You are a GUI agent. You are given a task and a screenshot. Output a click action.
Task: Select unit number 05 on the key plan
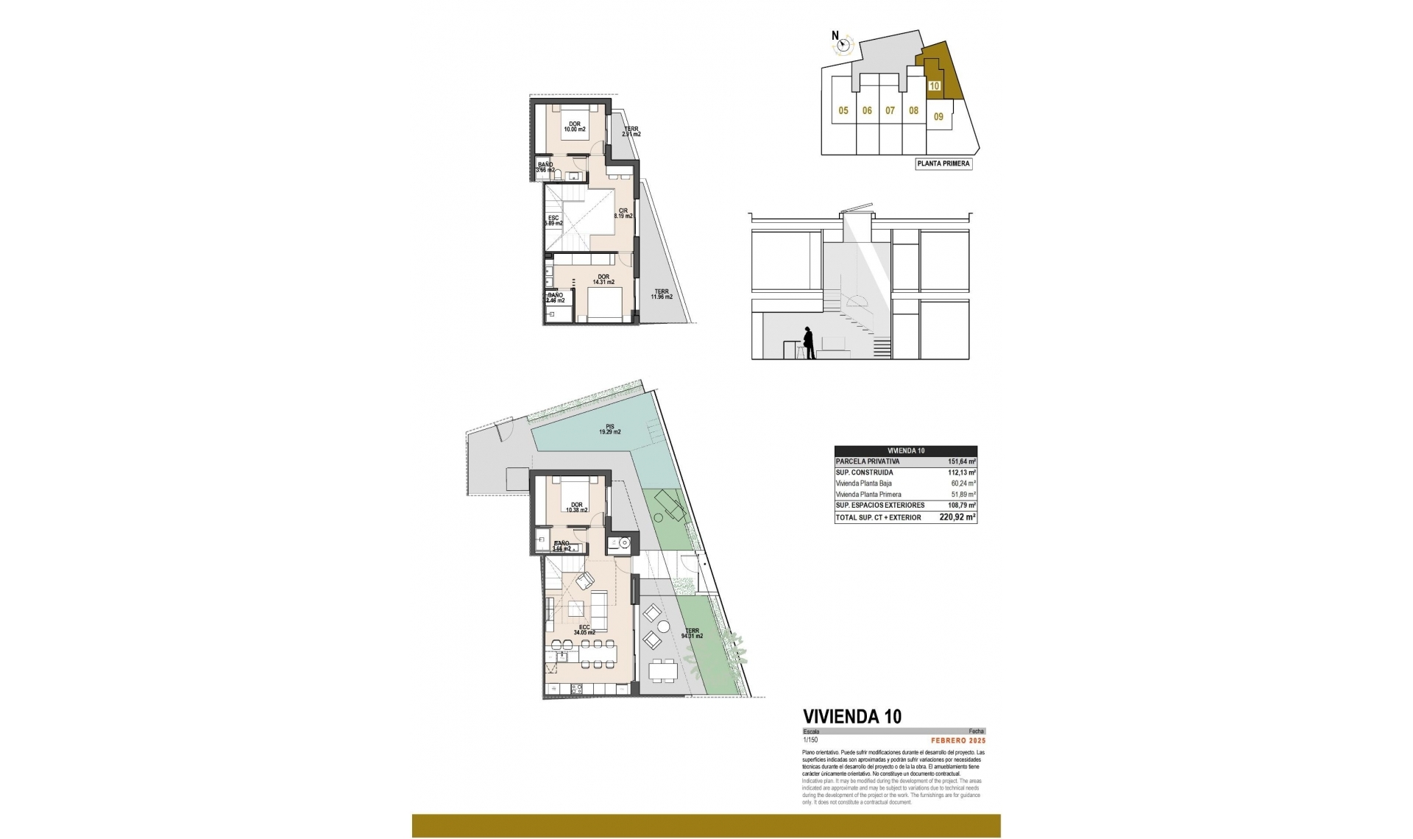843,111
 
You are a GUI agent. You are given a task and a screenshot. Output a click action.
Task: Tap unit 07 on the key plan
890,111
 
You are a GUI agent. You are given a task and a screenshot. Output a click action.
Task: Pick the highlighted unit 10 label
934,86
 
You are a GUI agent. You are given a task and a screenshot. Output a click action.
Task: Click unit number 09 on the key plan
938,116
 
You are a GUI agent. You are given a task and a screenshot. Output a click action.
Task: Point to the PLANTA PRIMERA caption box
943,164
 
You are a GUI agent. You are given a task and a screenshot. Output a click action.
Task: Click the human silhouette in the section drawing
809,343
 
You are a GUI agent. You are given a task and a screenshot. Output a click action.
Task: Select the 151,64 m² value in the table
961,462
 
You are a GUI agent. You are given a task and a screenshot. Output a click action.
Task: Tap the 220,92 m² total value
957,517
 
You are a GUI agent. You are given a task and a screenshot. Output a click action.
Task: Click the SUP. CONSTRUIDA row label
864,472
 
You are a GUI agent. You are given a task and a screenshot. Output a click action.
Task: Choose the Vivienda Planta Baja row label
863,484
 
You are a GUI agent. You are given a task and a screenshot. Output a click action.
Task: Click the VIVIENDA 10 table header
906,451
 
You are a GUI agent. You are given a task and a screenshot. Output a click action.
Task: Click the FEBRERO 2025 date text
957,741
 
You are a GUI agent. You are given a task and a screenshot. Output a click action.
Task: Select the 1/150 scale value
810,740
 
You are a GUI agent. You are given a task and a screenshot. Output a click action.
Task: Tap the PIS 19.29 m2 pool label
609,430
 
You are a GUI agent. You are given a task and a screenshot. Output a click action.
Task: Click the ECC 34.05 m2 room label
584,630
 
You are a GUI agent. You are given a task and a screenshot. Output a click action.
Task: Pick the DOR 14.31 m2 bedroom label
603,280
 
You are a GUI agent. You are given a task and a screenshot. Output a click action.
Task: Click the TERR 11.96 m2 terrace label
661,294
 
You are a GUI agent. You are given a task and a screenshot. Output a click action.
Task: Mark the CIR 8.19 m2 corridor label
623,213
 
